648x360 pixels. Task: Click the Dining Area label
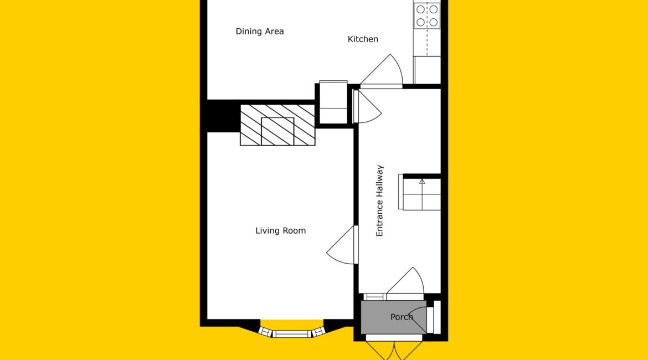(260, 32)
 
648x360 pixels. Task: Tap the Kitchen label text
(363, 39)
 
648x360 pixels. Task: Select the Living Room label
(281, 230)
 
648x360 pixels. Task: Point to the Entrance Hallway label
(379, 201)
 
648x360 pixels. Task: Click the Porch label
(402, 317)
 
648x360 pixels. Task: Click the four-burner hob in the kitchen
(427, 16)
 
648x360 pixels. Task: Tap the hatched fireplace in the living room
(277, 125)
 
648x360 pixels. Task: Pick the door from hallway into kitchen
(382, 71)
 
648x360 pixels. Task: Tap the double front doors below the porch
(394, 350)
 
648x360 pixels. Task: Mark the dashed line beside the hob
(427, 29)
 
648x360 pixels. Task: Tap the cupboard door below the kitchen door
(368, 107)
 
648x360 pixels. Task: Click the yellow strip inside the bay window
(292, 323)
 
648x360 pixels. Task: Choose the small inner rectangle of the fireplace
(277, 131)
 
